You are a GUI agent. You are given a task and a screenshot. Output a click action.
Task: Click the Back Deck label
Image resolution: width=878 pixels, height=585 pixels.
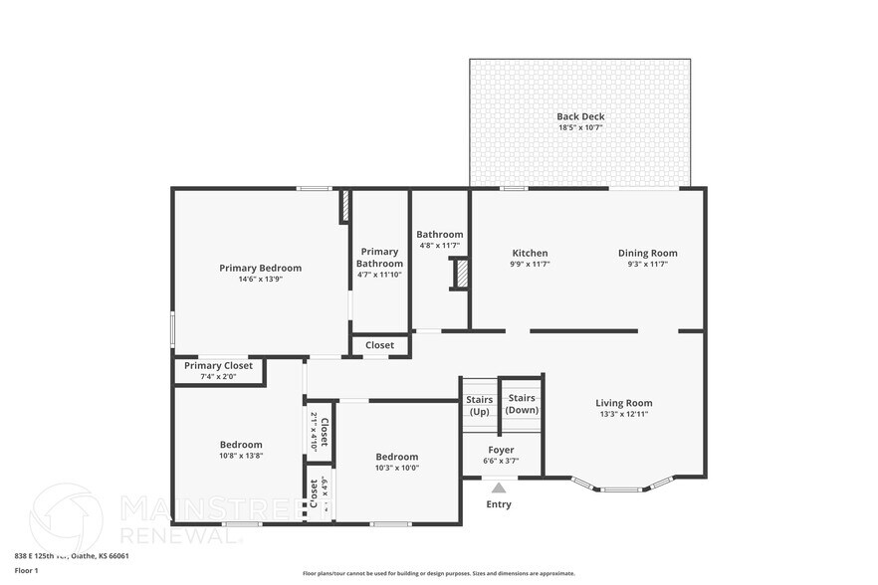579,117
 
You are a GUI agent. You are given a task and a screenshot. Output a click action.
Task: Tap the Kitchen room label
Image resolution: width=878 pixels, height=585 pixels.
530,253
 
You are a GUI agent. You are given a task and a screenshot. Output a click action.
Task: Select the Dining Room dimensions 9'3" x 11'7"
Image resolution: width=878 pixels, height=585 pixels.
647,265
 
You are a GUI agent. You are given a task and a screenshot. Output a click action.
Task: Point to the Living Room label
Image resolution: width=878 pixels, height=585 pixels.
623,403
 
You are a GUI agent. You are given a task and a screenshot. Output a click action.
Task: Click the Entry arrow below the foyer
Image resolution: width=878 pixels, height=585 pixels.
499,487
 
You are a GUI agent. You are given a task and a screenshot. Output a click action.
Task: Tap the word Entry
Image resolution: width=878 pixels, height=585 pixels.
499,504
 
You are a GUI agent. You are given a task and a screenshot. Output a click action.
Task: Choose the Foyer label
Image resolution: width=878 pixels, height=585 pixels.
501,450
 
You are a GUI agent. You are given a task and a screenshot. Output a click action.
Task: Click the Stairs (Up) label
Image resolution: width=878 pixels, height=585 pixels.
479,405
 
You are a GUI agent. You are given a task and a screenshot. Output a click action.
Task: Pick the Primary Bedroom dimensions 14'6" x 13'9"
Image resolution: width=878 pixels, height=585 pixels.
260,280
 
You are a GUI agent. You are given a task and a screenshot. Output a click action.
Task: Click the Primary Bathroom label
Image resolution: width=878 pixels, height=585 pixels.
379,258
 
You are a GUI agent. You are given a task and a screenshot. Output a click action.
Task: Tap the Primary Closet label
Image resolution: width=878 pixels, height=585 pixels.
218,365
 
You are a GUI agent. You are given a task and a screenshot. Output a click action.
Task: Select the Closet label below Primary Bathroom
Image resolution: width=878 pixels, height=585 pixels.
379,345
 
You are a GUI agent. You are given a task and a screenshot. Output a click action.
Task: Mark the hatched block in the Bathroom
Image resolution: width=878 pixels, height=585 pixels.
461,274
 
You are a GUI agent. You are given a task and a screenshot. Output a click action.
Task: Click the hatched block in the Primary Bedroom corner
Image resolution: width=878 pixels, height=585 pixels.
344,206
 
